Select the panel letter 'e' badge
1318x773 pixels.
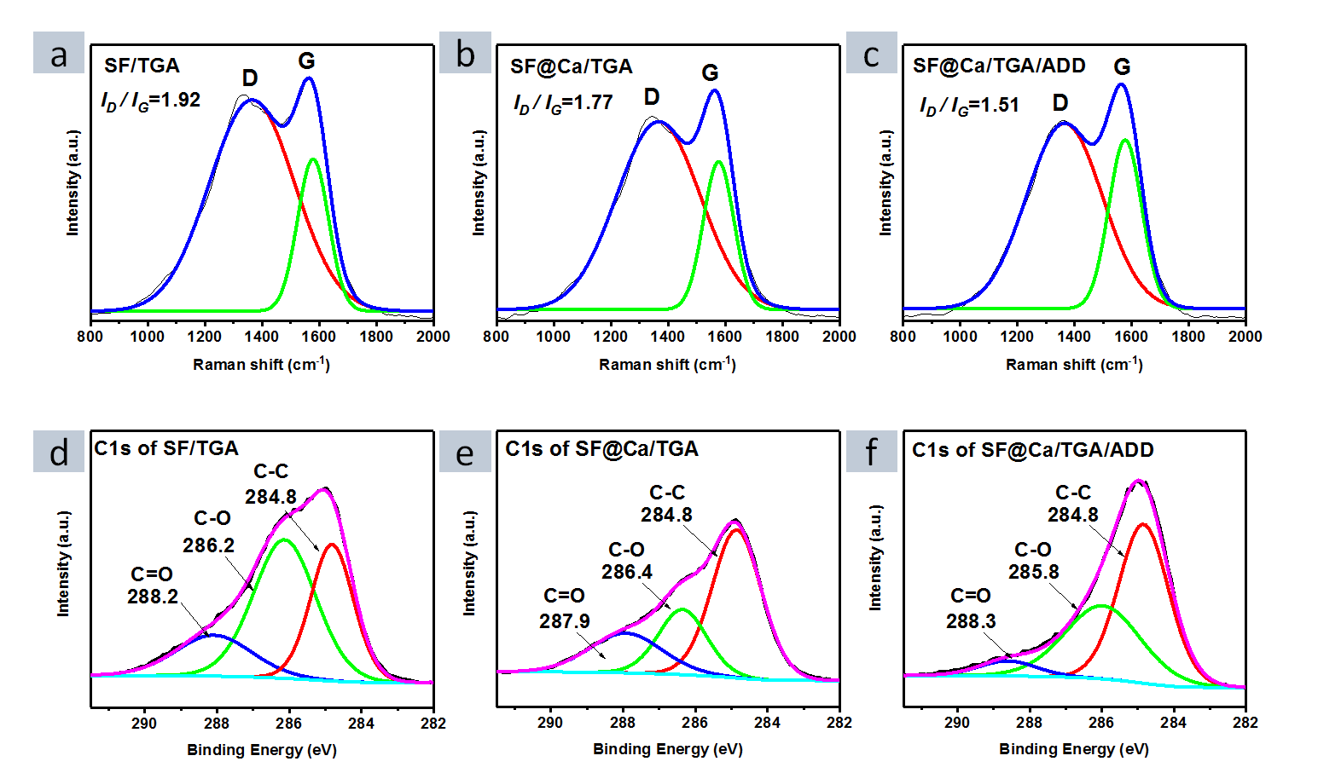click(465, 452)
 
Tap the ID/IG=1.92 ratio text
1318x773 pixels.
click(151, 101)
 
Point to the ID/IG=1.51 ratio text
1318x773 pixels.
click(969, 106)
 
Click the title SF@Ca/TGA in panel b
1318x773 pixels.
click(572, 66)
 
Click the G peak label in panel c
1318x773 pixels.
click(1122, 67)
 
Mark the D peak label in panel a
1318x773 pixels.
click(250, 78)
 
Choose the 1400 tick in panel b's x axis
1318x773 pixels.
click(668, 337)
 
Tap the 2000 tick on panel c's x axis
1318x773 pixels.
click(1245, 337)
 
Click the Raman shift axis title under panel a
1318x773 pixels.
click(261, 365)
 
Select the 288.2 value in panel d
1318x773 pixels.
click(153, 597)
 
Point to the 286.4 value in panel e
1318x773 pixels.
click(627, 572)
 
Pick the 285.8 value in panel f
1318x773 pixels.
click(1034, 572)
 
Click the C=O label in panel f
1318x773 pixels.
click(971, 596)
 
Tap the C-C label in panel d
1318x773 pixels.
click(271, 471)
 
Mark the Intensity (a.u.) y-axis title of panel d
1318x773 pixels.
click(63, 563)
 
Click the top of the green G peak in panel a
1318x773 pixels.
click(313, 159)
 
